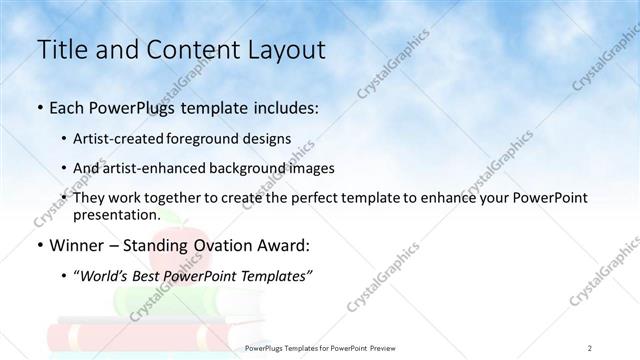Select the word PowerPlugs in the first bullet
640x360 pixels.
[120, 108]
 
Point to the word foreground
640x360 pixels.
[220, 139]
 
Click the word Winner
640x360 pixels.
[77, 245]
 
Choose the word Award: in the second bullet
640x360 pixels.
[287, 245]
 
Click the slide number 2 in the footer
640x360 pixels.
[590, 348]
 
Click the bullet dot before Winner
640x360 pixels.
[40, 246]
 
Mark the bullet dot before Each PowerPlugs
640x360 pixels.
[40, 108]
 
